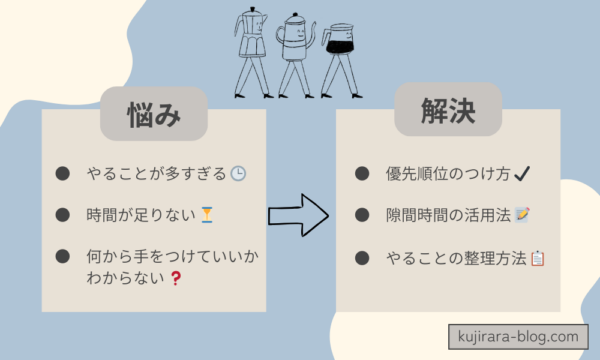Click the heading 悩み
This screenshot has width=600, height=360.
click(x=154, y=113)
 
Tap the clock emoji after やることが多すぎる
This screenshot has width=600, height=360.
click(x=239, y=174)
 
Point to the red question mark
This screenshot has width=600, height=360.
click(x=176, y=278)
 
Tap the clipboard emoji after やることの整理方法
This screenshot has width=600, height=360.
click(x=537, y=259)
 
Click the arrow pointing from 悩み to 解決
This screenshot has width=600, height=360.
click(x=299, y=214)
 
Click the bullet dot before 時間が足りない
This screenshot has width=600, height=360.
click(x=62, y=215)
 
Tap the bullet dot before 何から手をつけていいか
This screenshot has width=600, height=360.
click(x=62, y=258)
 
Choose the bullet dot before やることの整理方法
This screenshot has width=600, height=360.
click(x=362, y=259)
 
